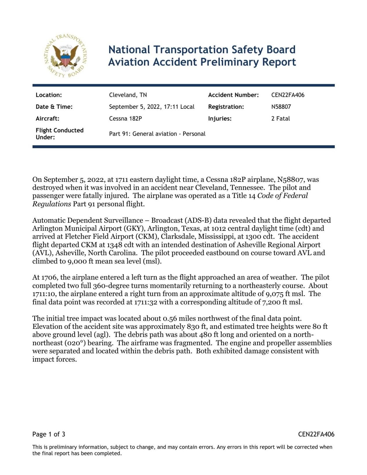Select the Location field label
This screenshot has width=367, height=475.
(49, 95)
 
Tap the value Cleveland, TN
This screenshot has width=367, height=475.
(128, 95)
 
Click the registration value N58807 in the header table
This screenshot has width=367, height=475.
(281, 107)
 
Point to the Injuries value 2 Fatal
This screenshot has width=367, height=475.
(280, 119)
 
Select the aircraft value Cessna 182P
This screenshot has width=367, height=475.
(125, 119)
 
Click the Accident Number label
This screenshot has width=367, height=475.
(233, 95)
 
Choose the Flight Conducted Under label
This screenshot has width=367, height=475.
(59, 134)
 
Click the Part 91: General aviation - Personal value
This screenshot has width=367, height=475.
(157, 134)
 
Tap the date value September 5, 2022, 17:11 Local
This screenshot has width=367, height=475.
(151, 107)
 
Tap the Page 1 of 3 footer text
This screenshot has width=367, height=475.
(49, 434)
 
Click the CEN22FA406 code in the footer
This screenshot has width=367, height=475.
(316, 434)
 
